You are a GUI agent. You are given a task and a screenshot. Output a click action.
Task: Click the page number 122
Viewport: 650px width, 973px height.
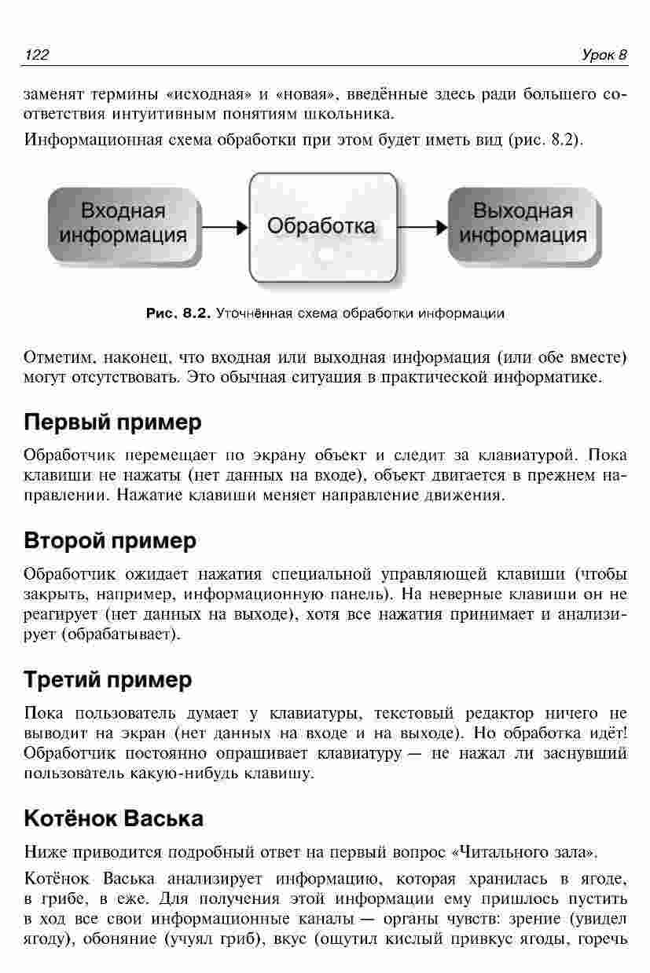click(38, 54)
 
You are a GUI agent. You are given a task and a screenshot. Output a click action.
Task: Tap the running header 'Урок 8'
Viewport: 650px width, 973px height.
click(604, 54)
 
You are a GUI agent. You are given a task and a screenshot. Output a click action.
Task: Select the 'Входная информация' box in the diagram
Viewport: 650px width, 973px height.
click(124, 224)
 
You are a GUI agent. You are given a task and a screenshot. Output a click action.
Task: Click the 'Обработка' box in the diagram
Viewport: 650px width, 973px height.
click(321, 226)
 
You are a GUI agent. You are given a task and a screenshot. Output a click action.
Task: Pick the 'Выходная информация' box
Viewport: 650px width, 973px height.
click(523, 224)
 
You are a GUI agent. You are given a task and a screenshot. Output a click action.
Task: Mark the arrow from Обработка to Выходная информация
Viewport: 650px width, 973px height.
click(422, 228)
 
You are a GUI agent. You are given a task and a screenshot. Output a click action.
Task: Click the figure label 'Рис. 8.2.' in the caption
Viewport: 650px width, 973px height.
click(178, 313)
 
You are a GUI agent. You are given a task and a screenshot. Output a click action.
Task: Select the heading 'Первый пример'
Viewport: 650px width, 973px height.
click(112, 422)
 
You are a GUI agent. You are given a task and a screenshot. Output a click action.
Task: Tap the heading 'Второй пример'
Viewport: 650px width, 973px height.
click(110, 541)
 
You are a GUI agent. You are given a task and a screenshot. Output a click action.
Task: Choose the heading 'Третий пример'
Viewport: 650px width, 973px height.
click(108, 679)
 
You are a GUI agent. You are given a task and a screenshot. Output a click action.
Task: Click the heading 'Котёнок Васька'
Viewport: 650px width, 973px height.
click(114, 818)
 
